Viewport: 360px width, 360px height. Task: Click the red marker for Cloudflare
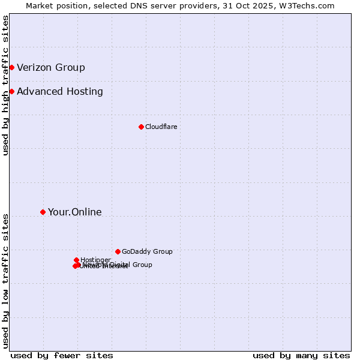[141, 127]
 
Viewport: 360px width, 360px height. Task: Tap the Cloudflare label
[161, 127]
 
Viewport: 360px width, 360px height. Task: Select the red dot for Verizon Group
[11, 67]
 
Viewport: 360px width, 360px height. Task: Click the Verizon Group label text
[51, 67]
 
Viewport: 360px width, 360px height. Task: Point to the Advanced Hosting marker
[11, 91]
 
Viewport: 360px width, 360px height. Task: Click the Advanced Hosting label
[60, 92]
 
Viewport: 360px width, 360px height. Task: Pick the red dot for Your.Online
[43, 212]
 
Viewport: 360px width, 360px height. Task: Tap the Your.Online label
[75, 212]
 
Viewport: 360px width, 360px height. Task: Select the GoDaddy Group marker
[118, 251]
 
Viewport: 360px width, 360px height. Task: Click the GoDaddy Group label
[147, 252]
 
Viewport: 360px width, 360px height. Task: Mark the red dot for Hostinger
[77, 260]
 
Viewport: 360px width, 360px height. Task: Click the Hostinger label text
[96, 260]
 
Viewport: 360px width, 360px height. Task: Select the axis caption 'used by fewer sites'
[62, 355]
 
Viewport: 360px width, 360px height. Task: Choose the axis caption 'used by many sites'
[301, 355]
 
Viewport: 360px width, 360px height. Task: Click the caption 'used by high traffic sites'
[5, 85]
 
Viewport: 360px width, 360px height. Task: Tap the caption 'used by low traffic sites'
[5, 281]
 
